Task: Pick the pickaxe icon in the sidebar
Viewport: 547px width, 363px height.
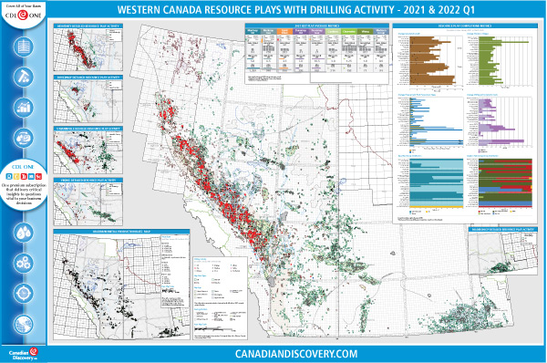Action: tap(25, 76)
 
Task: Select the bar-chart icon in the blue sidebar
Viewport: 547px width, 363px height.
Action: tap(25, 107)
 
